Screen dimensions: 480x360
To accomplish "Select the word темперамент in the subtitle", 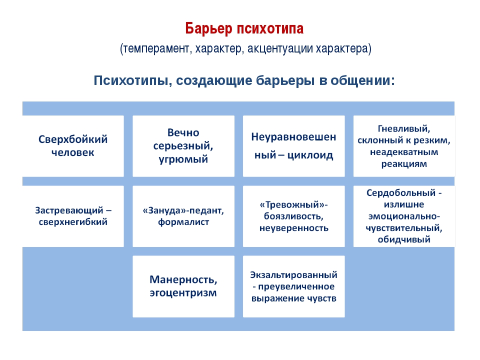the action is click(x=156, y=48).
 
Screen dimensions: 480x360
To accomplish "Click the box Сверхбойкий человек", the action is click(x=73, y=146).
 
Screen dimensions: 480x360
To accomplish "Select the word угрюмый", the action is click(x=183, y=159).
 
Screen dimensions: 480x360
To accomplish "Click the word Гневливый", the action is click(x=404, y=129).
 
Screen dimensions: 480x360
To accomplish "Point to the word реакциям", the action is click(x=404, y=164).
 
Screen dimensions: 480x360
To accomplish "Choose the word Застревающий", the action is click(x=69, y=210).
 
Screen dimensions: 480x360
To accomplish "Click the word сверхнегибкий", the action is click(x=73, y=222).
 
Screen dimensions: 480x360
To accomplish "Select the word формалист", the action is click(x=183, y=222).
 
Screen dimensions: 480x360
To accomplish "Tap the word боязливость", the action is click(x=294, y=216).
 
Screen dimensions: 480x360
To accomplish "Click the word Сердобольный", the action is click(x=401, y=193).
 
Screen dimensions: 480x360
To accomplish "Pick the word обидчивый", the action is click(x=404, y=239).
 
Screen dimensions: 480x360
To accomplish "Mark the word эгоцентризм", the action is click(x=183, y=293).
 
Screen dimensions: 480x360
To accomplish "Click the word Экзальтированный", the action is click(x=294, y=275).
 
